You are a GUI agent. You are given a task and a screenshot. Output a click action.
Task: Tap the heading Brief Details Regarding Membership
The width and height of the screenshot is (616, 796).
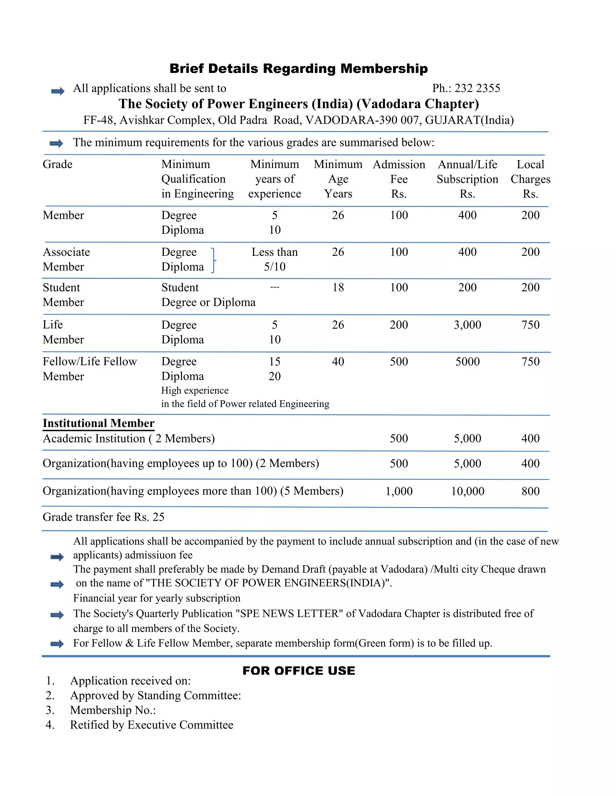[x=298, y=68]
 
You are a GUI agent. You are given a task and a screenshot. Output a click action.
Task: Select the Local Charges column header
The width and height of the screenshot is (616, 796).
[x=530, y=179]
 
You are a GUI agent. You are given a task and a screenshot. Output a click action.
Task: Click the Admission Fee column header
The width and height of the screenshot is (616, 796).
[x=399, y=179]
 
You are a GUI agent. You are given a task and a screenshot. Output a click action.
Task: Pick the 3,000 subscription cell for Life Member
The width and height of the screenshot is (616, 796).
[x=467, y=324]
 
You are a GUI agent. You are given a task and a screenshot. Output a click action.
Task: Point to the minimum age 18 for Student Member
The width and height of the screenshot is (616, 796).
[x=338, y=287]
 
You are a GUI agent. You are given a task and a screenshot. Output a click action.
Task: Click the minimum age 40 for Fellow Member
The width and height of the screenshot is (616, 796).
[x=338, y=362]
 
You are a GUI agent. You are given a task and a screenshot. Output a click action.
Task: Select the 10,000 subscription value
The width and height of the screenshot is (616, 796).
[x=467, y=491]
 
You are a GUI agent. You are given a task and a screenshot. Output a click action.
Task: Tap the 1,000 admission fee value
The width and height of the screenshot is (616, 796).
[x=399, y=491]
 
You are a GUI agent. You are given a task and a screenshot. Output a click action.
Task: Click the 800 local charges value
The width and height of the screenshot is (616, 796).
[x=530, y=491]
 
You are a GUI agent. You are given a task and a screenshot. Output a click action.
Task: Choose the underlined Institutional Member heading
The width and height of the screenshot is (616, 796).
[x=99, y=423]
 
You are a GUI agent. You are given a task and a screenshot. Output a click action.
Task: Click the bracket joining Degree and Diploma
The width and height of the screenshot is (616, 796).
[x=214, y=260]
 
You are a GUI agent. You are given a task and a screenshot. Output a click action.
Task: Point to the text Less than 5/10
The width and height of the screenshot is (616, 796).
[x=274, y=259]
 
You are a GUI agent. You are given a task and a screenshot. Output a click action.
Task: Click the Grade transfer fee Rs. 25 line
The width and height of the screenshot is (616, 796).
[x=104, y=517]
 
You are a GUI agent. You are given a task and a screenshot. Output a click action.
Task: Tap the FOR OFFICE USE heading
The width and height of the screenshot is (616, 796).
[x=298, y=671]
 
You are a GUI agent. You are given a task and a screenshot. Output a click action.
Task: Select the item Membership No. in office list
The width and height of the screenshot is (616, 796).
[x=113, y=710]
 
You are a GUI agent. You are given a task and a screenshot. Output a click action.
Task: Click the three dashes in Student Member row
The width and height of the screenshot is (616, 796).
[x=274, y=287]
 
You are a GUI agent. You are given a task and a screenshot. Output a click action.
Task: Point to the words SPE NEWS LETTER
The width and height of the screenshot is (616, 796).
[x=289, y=613]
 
